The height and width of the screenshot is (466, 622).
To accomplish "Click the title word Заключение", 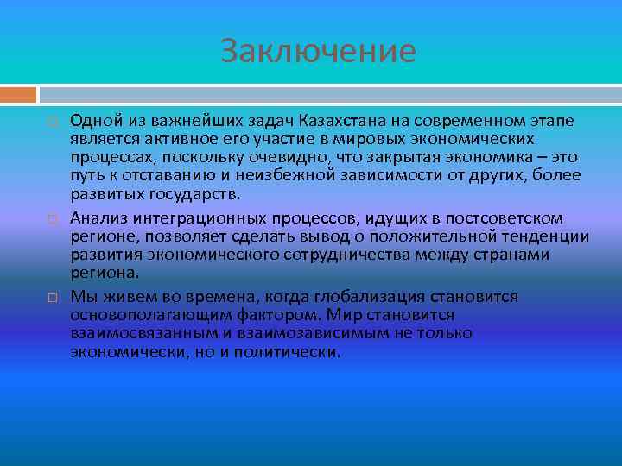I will pyautogui.click(x=317, y=51).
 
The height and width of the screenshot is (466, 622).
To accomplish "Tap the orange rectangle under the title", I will pyautogui.click(x=18, y=93).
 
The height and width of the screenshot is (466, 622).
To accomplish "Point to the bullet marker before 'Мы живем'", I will pyautogui.click(x=52, y=297).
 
